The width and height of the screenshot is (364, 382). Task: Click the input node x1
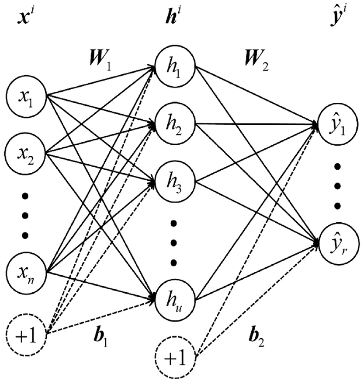pyautogui.click(x=26, y=96)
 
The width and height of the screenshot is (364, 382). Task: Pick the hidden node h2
pyautogui.click(x=175, y=124)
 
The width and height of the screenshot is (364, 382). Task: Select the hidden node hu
pyautogui.click(x=175, y=299)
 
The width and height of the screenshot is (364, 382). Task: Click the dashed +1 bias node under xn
pyautogui.click(x=26, y=335)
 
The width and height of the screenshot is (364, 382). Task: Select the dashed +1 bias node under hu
pyautogui.click(x=175, y=357)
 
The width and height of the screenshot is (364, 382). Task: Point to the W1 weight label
pyautogui.click(x=101, y=60)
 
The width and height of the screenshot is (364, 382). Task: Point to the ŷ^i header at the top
pyautogui.click(x=338, y=16)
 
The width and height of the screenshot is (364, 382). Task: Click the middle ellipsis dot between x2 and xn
pyautogui.click(x=25, y=215)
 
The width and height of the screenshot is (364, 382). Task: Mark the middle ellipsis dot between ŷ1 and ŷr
pyautogui.click(x=337, y=186)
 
